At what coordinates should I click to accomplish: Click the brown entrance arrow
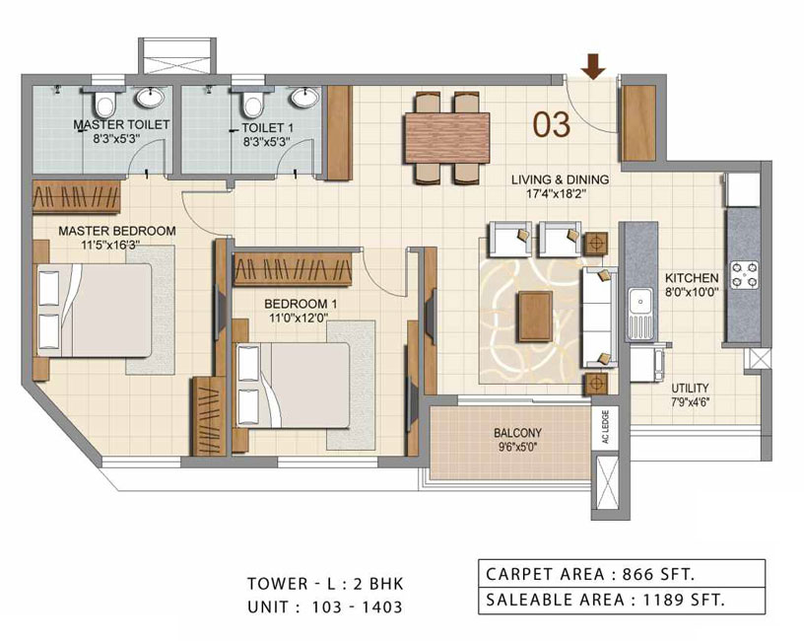[x=593, y=66]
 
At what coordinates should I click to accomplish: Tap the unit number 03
[x=552, y=124]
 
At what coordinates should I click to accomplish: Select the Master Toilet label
[x=121, y=124]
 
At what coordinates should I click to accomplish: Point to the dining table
[x=447, y=137]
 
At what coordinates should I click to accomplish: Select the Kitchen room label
[x=692, y=278]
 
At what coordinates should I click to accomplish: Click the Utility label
[x=690, y=388]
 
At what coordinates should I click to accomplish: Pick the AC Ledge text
[x=606, y=427]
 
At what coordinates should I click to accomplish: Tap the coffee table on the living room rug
[x=535, y=317]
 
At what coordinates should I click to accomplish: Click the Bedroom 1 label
[x=294, y=304]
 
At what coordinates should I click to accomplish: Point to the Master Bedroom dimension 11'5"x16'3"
[x=110, y=245]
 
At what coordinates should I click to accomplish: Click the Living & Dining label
[x=560, y=179]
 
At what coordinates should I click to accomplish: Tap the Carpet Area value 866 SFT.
[x=658, y=574]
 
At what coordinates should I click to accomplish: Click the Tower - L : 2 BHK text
[x=325, y=584]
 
